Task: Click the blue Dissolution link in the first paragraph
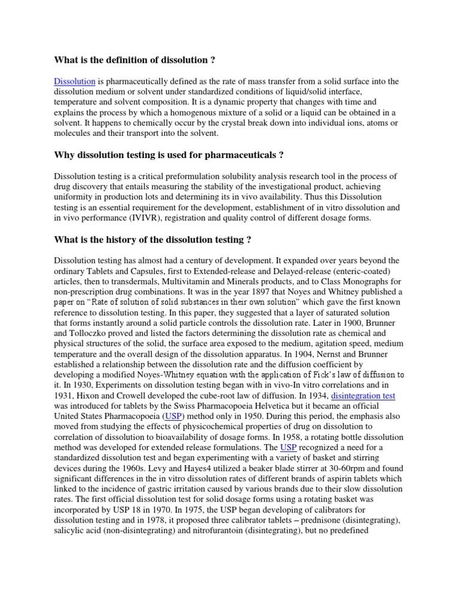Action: click(x=75, y=81)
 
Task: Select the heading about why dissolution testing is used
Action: click(x=169, y=156)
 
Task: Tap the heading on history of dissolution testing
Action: click(x=152, y=240)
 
